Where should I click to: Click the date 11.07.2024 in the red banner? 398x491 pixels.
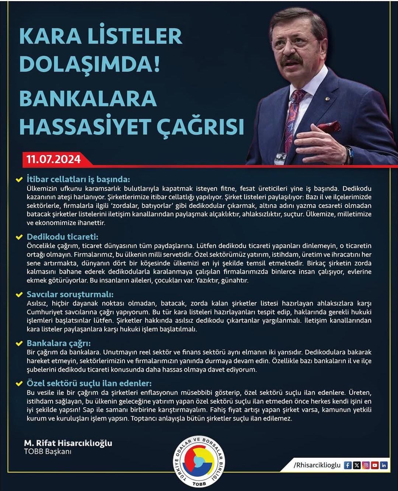point(53,159)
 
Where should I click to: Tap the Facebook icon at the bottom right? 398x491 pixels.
point(348,465)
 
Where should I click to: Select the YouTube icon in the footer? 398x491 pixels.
point(375,465)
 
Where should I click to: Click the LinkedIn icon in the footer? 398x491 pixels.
point(384,465)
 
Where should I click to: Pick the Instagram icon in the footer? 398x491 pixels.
point(366,465)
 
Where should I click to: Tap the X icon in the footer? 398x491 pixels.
point(357,465)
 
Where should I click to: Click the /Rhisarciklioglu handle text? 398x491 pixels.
point(317,465)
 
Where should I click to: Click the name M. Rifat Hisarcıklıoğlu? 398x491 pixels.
point(68,443)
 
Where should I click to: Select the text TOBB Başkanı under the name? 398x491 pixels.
point(48,452)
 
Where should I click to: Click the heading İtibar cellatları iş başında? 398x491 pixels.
point(78,180)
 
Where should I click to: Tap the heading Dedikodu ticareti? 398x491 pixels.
point(62,237)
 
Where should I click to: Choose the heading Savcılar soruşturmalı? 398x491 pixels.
point(70,294)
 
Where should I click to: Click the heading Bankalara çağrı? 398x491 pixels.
point(59,343)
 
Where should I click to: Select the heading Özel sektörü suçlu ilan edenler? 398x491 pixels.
point(89,383)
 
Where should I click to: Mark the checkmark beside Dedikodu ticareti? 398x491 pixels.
point(19,237)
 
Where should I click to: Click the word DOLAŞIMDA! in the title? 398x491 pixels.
point(90,64)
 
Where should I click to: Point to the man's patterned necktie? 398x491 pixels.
point(293,118)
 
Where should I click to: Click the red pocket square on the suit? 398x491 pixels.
point(329,126)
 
